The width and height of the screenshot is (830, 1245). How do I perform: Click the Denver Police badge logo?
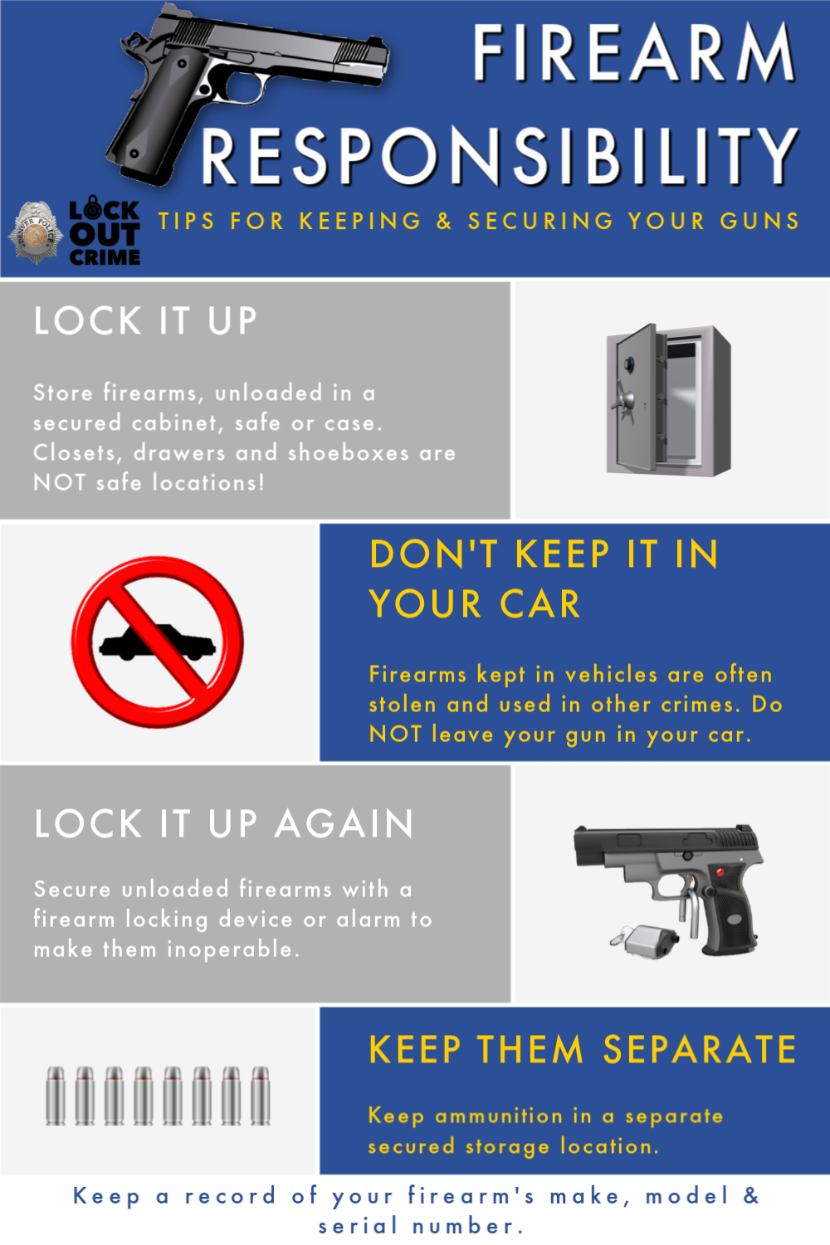(36, 232)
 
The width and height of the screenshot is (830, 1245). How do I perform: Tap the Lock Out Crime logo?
(105, 232)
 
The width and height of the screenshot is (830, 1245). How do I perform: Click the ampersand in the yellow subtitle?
(443, 222)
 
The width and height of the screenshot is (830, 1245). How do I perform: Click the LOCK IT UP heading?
(145, 321)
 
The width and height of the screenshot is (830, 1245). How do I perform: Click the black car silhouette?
(158, 642)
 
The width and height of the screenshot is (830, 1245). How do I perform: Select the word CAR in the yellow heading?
(540, 604)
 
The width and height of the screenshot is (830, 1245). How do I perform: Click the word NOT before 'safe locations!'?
(60, 482)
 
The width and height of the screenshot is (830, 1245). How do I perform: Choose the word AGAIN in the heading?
(344, 823)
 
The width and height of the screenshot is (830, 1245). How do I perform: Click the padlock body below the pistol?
(647, 941)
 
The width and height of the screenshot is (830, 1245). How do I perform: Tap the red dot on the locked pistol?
(720, 873)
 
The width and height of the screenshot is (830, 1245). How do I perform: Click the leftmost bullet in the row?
(56, 1096)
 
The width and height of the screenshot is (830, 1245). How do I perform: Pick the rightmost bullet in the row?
(260, 1096)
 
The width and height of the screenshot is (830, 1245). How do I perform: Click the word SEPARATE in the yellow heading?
(700, 1050)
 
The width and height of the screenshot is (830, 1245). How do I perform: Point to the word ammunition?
(499, 1116)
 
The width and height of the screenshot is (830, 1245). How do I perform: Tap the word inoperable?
(233, 950)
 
